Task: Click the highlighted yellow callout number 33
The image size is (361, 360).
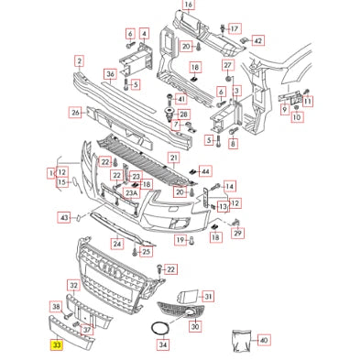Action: [x=57, y=346]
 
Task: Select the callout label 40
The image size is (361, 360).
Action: [x=264, y=340]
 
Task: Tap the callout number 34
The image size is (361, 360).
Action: [x=163, y=345]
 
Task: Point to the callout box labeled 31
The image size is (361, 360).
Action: [x=208, y=296]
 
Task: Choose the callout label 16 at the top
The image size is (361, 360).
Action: [x=188, y=5]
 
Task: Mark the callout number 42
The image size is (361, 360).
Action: [x=257, y=41]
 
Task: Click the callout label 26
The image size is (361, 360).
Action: [x=75, y=114]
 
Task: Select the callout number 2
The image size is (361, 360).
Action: [x=80, y=61]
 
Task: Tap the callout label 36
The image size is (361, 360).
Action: [x=110, y=74]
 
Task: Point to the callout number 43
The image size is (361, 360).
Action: [x=64, y=217]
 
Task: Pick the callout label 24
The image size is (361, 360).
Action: [x=117, y=244]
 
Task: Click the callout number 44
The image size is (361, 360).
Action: [x=205, y=171]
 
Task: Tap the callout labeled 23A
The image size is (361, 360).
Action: [x=132, y=193]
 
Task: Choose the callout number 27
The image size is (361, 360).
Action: [x=227, y=68]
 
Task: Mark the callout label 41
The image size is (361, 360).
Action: [x=180, y=99]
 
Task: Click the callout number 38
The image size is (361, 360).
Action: [x=55, y=307]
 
